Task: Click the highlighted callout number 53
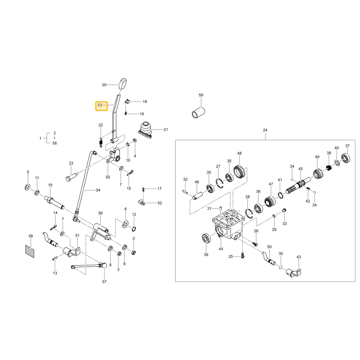(x=100, y=105)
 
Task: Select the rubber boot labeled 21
(x=145, y=130)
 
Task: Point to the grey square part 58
(x=30, y=251)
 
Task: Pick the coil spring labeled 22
(x=100, y=142)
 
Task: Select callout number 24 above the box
(x=265, y=130)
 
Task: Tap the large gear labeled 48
(x=240, y=171)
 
